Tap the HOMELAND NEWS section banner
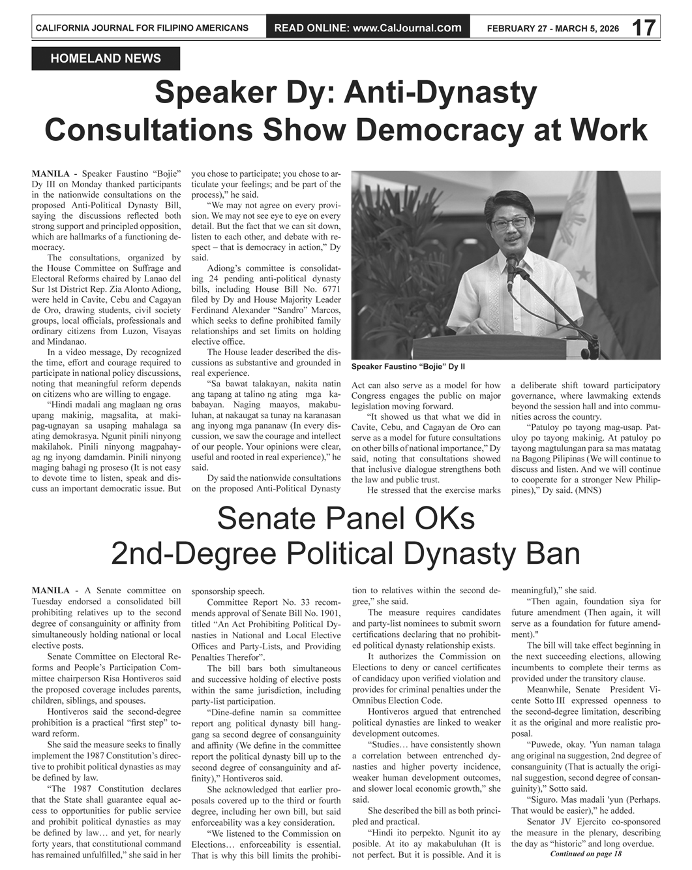[x=106, y=59]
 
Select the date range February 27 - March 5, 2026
[x=553, y=28]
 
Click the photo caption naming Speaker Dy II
[x=408, y=367]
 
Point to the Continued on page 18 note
[x=586, y=854]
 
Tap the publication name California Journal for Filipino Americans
[x=142, y=28]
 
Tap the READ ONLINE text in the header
[x=310, y=27]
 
